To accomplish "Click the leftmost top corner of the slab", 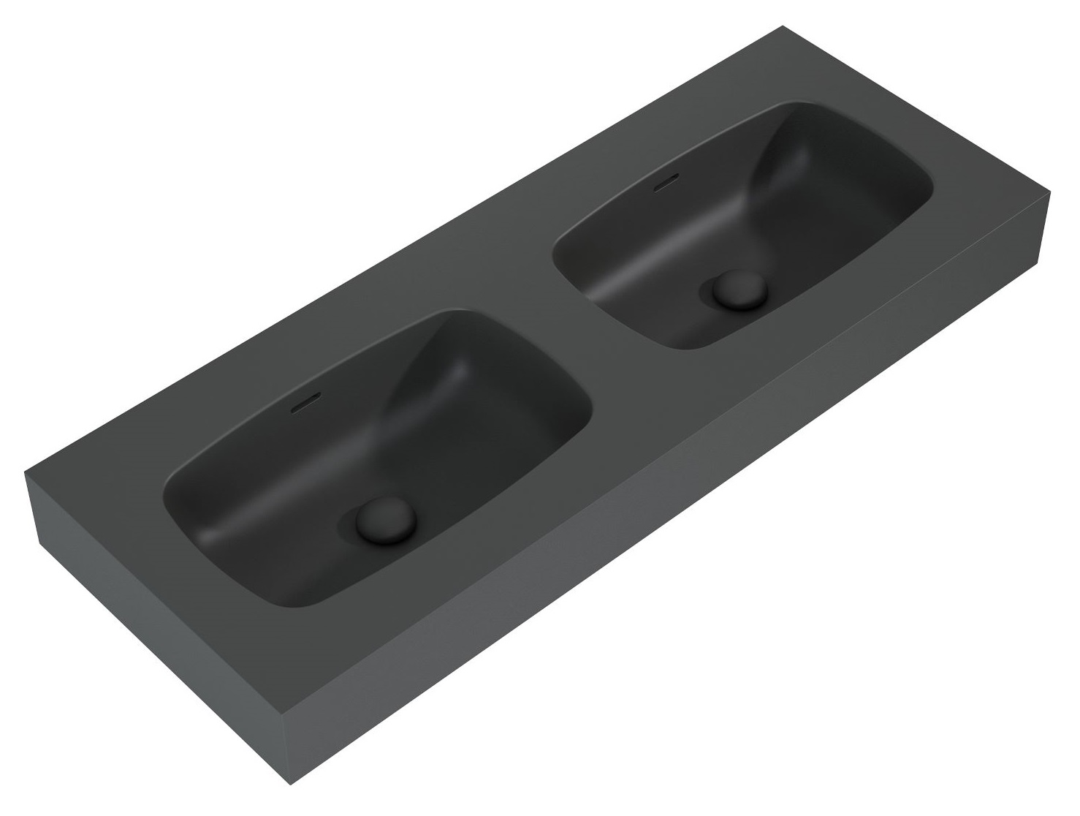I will click(26, 472).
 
